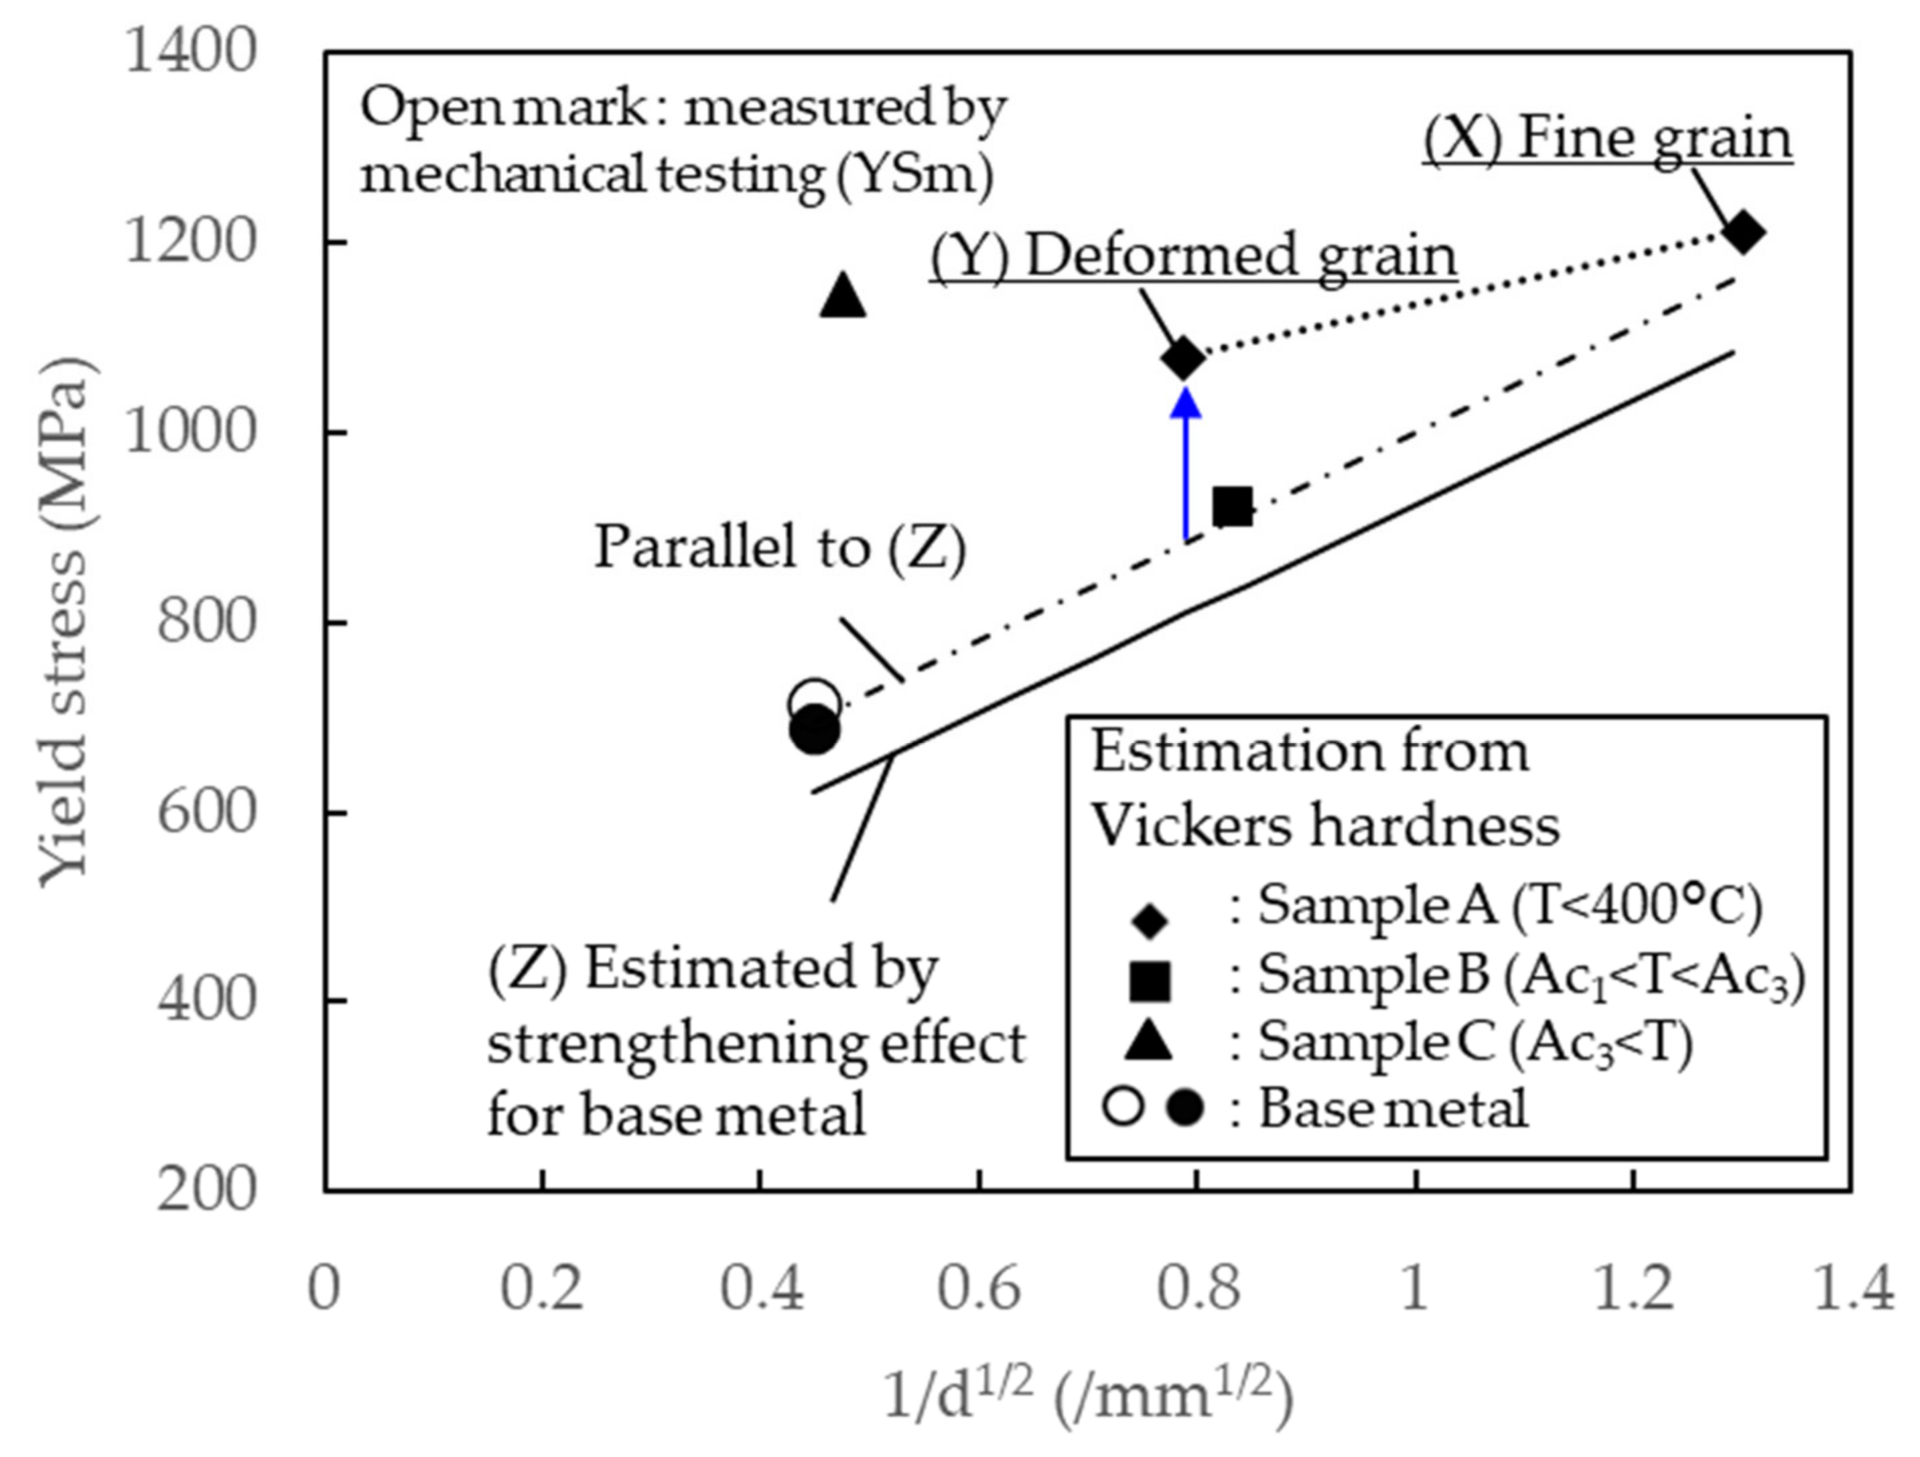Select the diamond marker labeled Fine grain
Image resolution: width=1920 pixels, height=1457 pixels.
[x=1744, y=232]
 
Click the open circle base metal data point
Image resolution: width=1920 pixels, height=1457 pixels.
[x=814, y=703]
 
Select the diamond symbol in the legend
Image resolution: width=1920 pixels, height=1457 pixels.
[x=1151, y=920]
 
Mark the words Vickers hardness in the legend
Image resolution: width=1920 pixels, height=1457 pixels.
[x=1324, y=825]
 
